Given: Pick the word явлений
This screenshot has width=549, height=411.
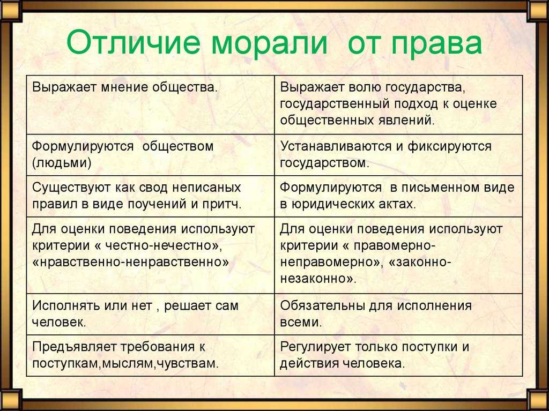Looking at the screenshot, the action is coord(406,121).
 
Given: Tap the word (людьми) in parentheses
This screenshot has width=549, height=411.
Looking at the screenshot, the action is coord(62,163).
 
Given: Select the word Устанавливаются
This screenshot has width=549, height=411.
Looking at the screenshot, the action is coord(336,146).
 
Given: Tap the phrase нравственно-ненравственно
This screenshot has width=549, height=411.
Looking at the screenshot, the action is coord(130,262).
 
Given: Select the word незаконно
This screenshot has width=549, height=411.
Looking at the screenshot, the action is coord(314,279).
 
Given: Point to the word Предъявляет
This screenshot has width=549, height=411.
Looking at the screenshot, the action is coord(74,347).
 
